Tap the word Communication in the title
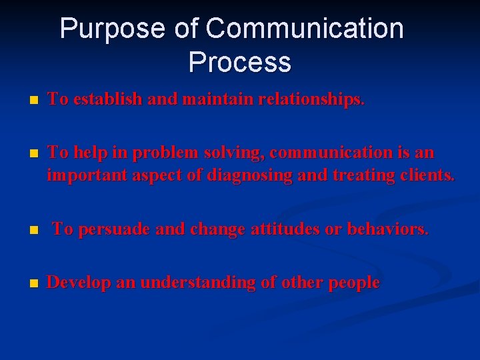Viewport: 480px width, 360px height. (x=305, y=29)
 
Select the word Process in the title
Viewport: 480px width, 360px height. (x=239, y=63)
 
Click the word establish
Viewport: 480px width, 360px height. (x=107, y=99)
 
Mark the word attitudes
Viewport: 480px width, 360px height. (x=286, y=229)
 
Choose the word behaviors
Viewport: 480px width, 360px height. (x=387, y=229)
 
